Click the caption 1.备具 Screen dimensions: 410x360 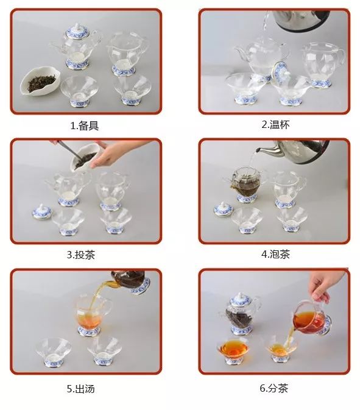point(85,126)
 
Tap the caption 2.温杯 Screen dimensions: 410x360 point(275,124)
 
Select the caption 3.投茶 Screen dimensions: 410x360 point(85,255)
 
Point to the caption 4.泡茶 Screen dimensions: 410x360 point(275,254)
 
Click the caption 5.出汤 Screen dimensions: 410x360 point(85,388)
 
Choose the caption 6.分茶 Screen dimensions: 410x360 point(275,388)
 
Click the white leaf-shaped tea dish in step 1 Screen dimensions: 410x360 point(42,81)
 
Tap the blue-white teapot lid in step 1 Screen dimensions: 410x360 point(77,31)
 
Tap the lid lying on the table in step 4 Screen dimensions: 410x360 point(222,209)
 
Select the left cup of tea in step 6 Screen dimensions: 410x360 point(232,349)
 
